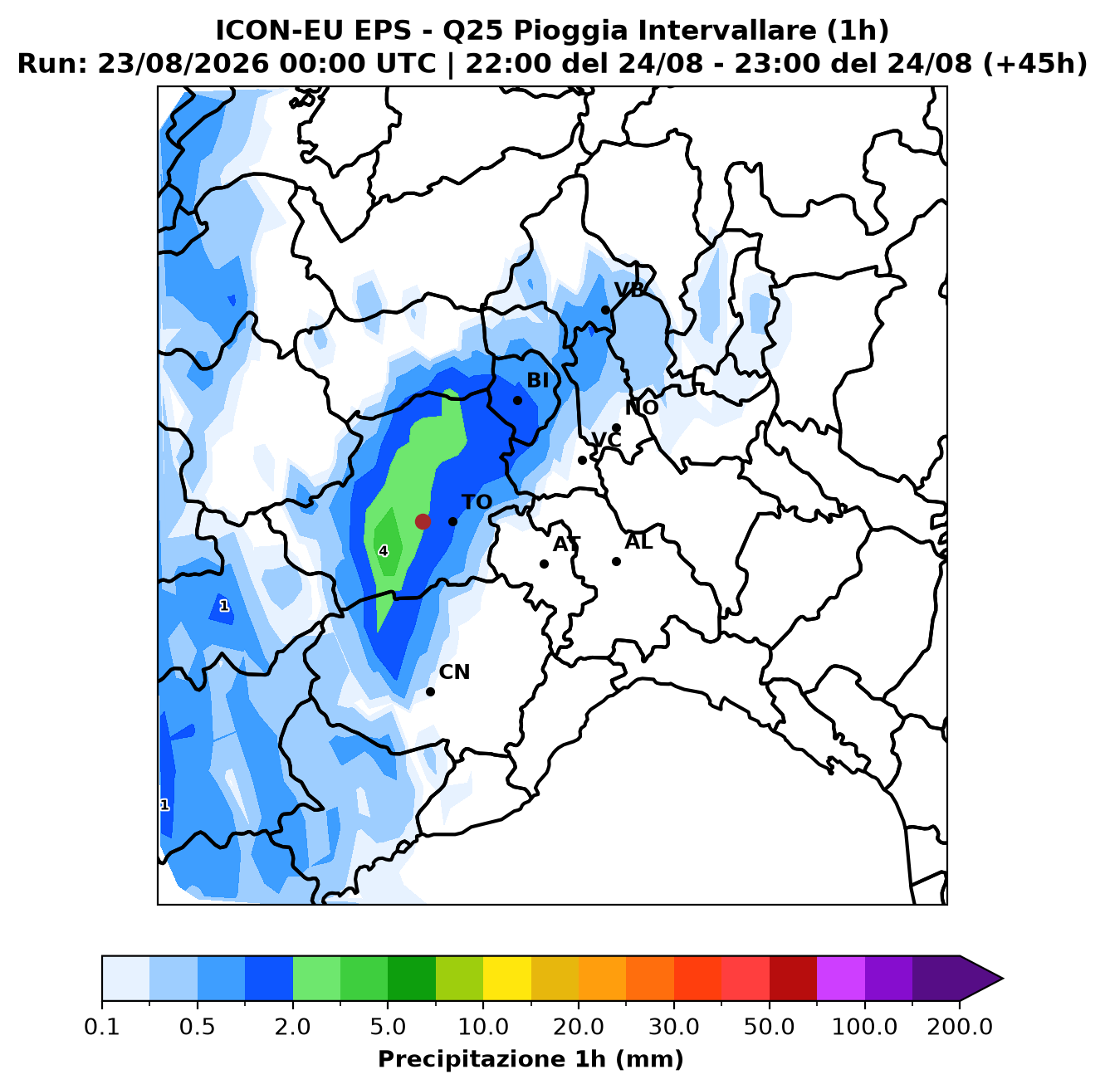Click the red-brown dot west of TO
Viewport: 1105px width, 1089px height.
pos(423,521)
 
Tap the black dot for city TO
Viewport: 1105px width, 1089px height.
pos(452,521)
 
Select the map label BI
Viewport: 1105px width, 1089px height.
pos(537,380)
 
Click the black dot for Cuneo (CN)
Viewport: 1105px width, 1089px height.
pos(430,691)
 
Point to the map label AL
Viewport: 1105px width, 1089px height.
pos(638,541)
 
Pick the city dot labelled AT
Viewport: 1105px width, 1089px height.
pos(544,564)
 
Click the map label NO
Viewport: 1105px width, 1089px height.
pos(641,408)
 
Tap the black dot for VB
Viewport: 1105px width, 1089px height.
pos(605,310)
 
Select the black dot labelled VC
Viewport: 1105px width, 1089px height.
pos(582,460)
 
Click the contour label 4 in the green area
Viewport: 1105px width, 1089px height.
pos(383,551)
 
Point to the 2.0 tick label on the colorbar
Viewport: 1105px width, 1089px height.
pos(292,1026)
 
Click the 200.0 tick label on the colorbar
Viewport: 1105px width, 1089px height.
pos(960,1026)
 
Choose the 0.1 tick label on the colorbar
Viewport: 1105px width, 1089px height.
pos(102,1026)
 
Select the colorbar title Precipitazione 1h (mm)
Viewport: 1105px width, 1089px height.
pos(530,1058)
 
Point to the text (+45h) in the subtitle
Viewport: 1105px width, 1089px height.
pos(1035,63)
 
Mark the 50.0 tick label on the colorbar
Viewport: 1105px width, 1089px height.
pos(769,1026)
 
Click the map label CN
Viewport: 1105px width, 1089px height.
pos(454,671)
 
